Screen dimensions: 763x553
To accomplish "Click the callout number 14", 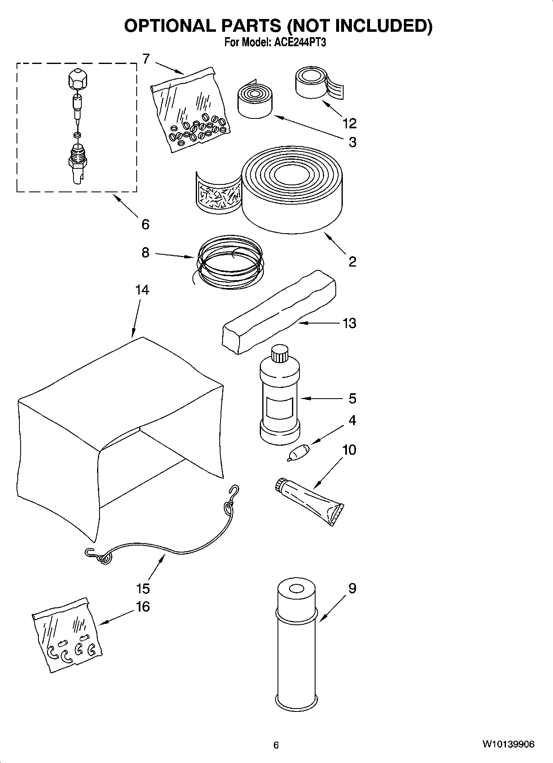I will tap(142, 290).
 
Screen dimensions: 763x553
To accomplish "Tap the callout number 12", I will tap(349, 123).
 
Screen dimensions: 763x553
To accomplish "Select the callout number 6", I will tap(145, 224).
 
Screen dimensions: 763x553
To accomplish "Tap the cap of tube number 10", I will tap(280, 485).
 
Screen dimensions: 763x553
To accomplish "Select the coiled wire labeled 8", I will tap(230, 263).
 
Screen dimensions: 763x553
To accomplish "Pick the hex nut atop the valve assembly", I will tap(77, 79).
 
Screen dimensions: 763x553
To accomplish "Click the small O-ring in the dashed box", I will tap(77, 135).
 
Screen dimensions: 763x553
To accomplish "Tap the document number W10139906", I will tap(508, 744).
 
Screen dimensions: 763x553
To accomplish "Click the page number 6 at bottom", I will tap(276, 744).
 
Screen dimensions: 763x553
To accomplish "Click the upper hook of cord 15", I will tap(235, 492).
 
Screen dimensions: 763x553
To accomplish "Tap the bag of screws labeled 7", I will tap(191, 111).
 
